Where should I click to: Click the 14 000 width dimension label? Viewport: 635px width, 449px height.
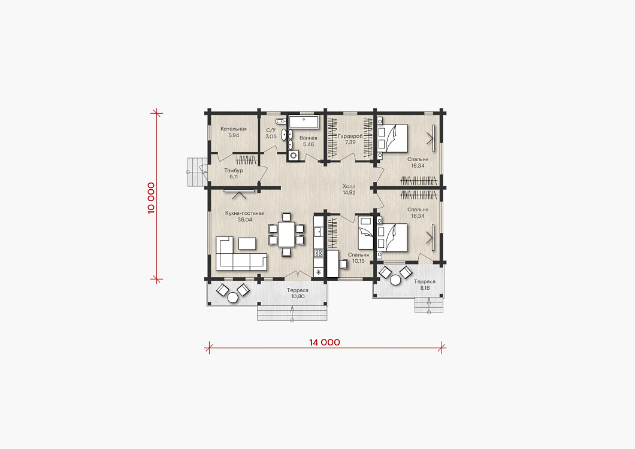324,342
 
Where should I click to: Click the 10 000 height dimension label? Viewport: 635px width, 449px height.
151,198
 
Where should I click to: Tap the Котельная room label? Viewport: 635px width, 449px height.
233,129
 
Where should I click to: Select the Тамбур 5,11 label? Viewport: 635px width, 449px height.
234,174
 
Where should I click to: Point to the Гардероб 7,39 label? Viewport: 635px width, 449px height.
350,139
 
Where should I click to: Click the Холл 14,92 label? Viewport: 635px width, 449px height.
349,190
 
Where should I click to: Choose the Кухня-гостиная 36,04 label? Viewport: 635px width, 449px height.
244,217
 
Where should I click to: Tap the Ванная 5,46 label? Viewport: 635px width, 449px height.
308,141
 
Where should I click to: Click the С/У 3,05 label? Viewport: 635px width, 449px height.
271,134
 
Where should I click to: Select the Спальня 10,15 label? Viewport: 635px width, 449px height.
358,258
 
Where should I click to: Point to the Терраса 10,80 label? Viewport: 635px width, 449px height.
298,293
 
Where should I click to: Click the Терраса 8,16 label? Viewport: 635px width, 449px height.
425,284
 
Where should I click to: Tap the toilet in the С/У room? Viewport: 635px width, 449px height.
280,121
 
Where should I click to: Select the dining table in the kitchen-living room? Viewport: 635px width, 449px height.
287,235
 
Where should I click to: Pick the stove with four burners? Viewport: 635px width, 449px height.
319,253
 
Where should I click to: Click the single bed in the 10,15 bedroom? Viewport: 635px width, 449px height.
365,233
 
